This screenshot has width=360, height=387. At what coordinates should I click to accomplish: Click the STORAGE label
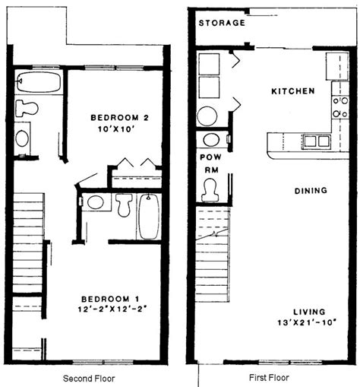(x=222, y=23)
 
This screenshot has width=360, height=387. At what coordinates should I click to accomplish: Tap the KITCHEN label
(x=293, y=91)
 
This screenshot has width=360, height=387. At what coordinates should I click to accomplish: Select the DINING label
(x=311, y=191)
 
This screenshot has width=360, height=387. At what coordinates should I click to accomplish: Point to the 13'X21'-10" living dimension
(x=307, y=323)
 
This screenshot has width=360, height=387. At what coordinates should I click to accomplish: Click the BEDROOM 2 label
(x=119, y=118)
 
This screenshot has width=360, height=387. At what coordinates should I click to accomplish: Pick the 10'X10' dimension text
(x=115, y=129)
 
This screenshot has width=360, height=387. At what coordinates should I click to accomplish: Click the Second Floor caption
(x=89, y=379)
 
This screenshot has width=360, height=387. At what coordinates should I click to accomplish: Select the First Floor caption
(x=269, y=378)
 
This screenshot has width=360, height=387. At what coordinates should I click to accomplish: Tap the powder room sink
(x=211, y=140)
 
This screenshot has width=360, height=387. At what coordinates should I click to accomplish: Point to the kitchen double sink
(x=317, y=141)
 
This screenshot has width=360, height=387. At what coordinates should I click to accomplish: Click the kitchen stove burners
(x=340, y=107)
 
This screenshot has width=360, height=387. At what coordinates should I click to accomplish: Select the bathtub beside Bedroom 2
(x=39, y=82)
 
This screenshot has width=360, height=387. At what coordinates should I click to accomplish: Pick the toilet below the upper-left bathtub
(x=27, y=109)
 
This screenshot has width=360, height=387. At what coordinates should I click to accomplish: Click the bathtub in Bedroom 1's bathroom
(x=149, y=217)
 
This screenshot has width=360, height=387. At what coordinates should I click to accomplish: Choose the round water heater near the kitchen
(x=207, y=116)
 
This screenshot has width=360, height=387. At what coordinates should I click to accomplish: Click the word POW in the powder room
(x=210, y=157)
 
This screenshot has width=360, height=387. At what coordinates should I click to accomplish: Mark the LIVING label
(x=309, y=312)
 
